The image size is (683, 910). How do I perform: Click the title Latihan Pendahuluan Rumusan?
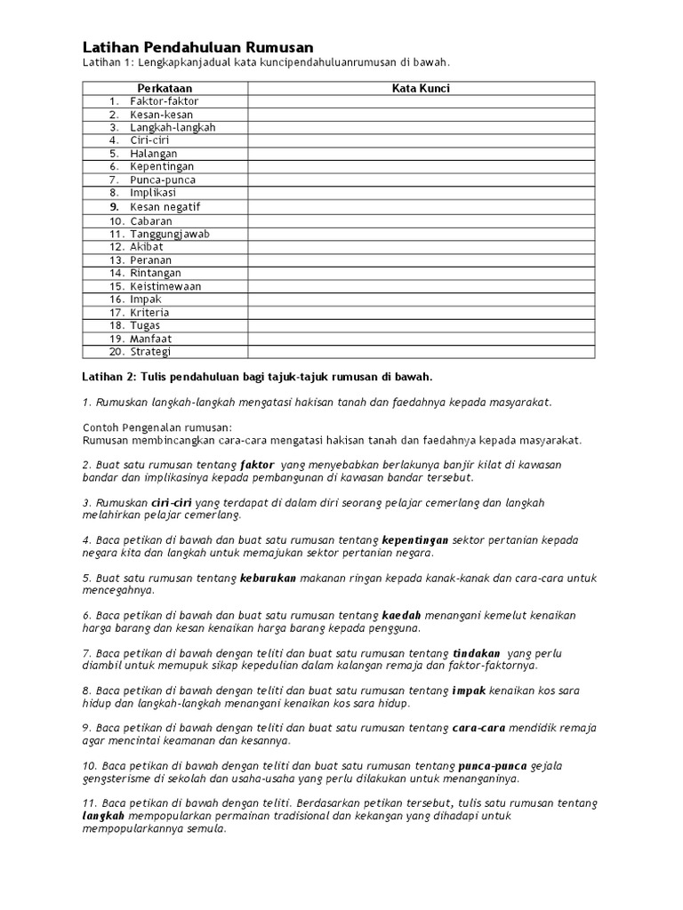click(x=197, y=46)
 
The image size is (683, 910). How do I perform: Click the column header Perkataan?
click(x=165, y=89)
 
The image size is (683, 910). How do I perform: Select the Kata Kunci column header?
click(x=421, y=89)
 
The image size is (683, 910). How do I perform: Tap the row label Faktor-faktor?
click(x=164, y=101)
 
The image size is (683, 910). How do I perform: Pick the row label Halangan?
click(x=153, y=154)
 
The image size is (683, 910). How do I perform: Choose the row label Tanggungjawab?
click(x=170, y=234)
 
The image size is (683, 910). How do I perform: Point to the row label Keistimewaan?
click(x=165, y=287)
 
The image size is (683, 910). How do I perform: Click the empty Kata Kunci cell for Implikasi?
click(x=421, y=193)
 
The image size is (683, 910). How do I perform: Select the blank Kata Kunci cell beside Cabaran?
click(x=421, y=220)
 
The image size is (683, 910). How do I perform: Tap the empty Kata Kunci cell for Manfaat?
click(x=421, y=339)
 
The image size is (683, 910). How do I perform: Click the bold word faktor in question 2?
click(x=257, y=465)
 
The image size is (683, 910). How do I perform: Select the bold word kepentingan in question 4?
click(x=415, y=540)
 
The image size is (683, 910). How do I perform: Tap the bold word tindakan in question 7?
click(x=477, y=652)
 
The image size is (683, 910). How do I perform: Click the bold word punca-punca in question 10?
click(x=493, y=765)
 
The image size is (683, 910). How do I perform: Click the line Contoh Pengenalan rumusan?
click(x=157, y=427)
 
